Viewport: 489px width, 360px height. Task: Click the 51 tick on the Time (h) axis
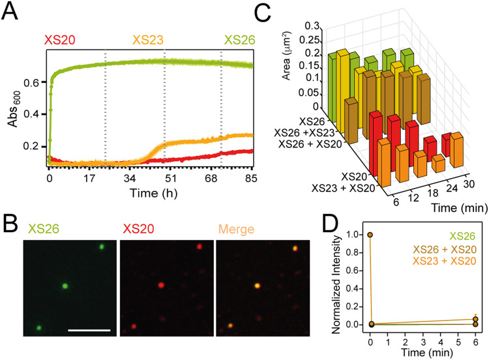pyautogui.click(x=165, y=177)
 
